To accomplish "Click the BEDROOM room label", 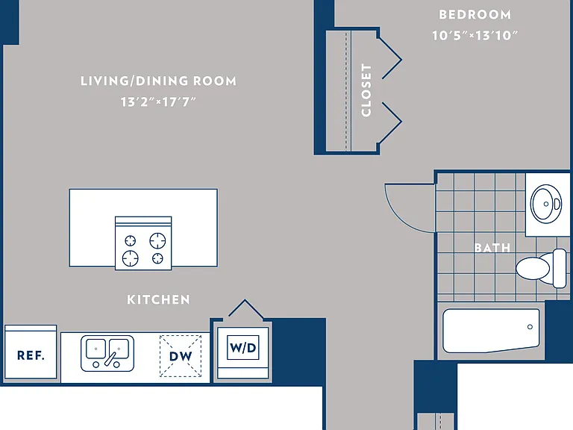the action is [475, 15].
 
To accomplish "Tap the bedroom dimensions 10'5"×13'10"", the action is [475, 36].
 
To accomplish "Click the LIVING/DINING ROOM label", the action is [159, 81].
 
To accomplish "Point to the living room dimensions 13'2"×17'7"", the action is [159, 102].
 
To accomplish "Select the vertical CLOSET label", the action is [366, 90].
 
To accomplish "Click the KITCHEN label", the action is [159, 300].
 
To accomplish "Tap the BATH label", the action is [492, 248].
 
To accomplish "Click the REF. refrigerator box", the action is [31, 352].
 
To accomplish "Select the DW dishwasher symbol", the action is [181, 356].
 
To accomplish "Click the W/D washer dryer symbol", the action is [243, 353].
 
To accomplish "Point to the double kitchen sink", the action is [107, 353].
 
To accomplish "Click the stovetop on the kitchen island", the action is [143, 243].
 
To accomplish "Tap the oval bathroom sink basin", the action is [546, 204].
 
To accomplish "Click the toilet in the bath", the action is [541, 268].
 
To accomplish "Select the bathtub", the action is [491, 331].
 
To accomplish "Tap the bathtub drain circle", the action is [530, 327].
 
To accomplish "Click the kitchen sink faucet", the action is [110, 358].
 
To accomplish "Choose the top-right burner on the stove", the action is [157, 240].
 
